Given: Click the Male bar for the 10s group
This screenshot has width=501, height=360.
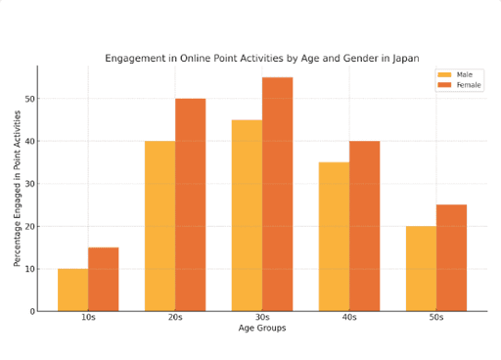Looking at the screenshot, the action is (x=73, y=291).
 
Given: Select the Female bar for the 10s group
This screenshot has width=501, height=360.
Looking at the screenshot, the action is (x=104, y=280).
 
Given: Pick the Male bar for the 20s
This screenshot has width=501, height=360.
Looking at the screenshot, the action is (x=160, y=226).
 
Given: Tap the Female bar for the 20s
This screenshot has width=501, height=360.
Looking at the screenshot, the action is (x=191, y=205).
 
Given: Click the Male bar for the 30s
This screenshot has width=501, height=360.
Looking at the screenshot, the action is (x=248, y=215).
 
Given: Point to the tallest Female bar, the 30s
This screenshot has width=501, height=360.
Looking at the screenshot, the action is (x=278, y=195).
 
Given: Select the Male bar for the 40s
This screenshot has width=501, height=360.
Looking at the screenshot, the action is (x=335, y=237).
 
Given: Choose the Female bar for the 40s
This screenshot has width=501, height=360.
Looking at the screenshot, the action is (x=365, y=226).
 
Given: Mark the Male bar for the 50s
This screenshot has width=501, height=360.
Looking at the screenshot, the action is (x=421, y=269).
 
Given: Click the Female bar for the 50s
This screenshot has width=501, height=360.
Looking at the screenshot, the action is (x=451, y=258).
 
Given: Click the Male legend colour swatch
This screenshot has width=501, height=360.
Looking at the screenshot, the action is (x=444, y=74).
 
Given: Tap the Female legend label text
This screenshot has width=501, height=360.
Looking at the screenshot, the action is (x=469, y=85).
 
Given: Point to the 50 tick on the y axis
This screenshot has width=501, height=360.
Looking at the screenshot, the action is (x=29, y=99).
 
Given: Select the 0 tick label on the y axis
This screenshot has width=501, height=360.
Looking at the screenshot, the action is (x=32, y=312).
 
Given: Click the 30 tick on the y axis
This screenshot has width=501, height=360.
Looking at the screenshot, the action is (x=29, y=184).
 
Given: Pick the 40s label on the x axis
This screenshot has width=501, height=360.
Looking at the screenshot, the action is (x=349, y=317).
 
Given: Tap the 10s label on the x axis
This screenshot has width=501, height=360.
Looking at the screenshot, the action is (x=88, y=317).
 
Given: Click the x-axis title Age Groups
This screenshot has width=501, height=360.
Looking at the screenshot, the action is (x=262, y=328).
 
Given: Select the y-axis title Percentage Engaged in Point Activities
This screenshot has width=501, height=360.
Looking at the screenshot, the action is (x=17, y=189).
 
